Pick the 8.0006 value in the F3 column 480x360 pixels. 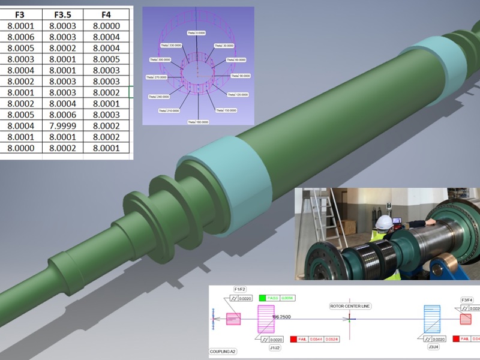tap(20, 37)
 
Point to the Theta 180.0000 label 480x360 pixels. tap(198, 122)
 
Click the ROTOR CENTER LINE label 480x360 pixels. tap(350, 306)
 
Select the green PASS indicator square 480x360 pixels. tap(262, 298)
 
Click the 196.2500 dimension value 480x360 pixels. tap(283, 316)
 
